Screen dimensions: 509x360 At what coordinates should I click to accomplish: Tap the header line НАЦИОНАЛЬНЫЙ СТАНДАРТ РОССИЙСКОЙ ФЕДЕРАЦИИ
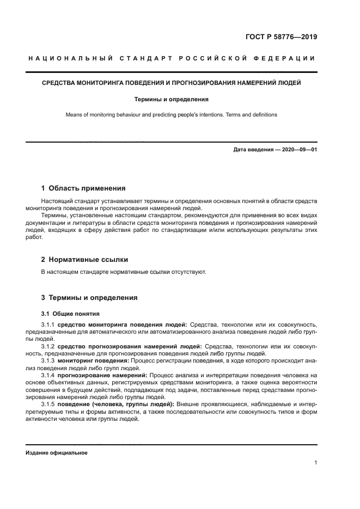[172, 58]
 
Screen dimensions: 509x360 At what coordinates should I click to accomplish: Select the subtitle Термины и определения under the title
[172, 100]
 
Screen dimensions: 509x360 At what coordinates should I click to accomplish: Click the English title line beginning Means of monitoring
[172, 115]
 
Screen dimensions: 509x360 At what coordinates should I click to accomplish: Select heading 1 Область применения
[83, 188]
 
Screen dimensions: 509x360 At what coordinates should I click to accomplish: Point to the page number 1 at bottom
[315, 463]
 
